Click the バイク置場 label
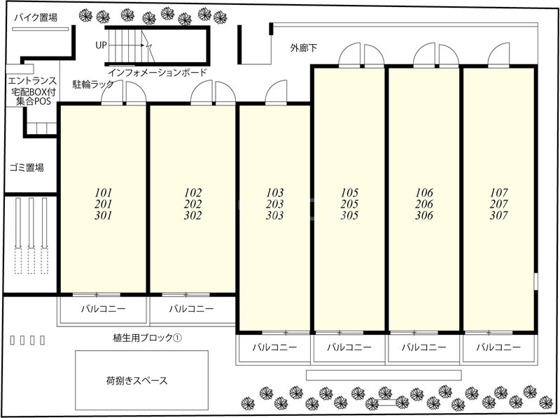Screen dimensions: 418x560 (x=35, y=17)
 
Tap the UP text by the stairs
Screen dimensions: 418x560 (x=102, y=45)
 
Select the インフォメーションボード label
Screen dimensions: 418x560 (x=157, y=73)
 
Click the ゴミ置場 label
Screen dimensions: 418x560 (x=27, y=168)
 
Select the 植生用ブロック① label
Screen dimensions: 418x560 (x=147, y=338)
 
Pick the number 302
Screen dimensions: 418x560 (x=193, y=215)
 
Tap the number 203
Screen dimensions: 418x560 (x=275, y=204)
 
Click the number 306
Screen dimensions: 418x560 (x=424, y=215)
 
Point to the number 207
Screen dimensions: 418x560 (x=498, y=204)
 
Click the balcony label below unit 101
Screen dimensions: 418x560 (x=102, y=308)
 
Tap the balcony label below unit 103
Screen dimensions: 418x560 (x=274, y=347)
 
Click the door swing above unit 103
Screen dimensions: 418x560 (x=277, y=92)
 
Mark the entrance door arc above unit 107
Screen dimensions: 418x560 (x=499, y=55)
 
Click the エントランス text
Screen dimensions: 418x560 (x=27, y=80)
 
